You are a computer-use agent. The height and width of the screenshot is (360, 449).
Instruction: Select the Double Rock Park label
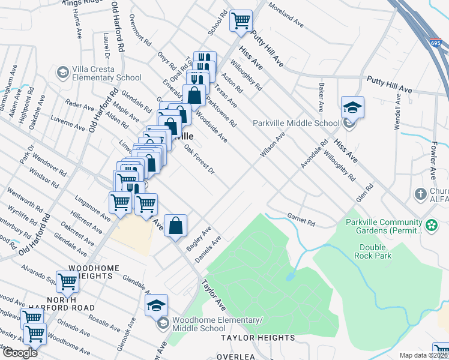point(376,251)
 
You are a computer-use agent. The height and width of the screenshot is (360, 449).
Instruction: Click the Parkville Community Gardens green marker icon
point(431,225)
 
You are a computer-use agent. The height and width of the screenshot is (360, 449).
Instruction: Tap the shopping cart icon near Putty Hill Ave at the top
point(241,20)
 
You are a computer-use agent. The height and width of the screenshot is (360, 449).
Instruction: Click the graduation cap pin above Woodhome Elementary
point(156,305)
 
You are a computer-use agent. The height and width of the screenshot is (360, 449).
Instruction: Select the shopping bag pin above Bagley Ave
point(176,226)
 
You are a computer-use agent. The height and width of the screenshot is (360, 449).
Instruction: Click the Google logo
point(20,353)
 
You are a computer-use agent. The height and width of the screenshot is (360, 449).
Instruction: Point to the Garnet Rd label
point(301,220)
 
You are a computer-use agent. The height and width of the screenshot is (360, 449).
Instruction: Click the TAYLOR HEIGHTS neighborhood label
point(258,338)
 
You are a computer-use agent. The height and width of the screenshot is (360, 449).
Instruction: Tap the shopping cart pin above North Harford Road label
point(67,280)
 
